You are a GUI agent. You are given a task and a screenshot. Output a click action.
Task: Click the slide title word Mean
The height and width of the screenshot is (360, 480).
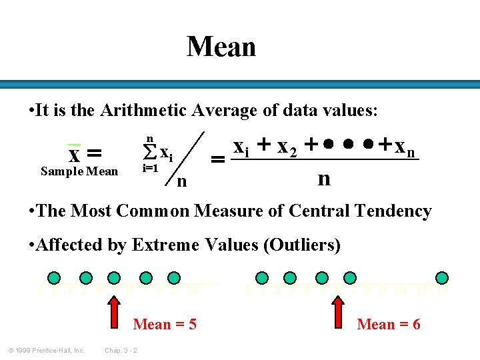(x=221, y=47)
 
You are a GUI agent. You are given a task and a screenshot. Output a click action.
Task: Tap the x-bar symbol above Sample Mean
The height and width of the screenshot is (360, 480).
(x=75, y=153)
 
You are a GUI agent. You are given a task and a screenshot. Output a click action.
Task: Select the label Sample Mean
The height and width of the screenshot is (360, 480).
(x=79, y=171)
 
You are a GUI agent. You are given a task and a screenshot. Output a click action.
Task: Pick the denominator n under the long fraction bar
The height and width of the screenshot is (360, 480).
(x=324, y=178)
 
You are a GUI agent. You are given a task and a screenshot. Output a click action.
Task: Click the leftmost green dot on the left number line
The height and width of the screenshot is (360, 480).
(x=55, y=277)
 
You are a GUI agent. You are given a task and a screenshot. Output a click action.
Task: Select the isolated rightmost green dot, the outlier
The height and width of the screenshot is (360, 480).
(x=441, y=277)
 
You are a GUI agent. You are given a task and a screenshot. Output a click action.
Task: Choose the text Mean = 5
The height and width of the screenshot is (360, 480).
(x=165, y=325)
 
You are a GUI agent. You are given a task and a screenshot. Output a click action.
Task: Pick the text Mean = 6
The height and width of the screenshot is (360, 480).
(x=389, y=325)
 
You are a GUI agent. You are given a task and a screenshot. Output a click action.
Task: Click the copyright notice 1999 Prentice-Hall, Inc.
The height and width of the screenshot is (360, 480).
(x=46, y=351)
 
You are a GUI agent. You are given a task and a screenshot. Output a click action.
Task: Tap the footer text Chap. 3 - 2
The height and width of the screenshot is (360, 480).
(x=121, y=351)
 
